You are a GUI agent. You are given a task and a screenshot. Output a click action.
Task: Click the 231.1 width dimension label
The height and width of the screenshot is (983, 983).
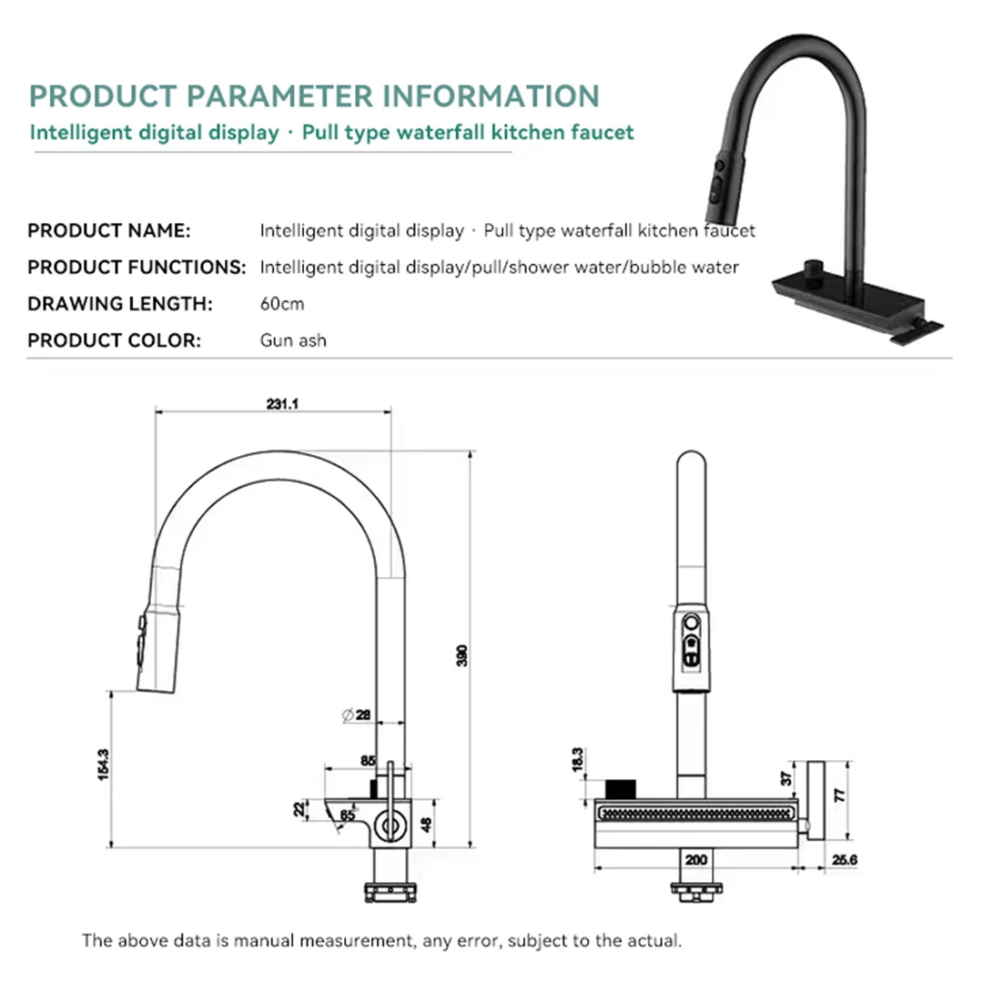(x=282, y=404)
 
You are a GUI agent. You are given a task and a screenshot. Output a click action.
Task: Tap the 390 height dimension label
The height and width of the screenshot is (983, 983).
(x=462, y=655)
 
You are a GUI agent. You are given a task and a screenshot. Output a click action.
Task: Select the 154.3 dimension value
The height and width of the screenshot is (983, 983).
(x=104, y=765)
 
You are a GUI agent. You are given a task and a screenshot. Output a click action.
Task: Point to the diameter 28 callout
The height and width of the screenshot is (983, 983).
(x=356, y=714)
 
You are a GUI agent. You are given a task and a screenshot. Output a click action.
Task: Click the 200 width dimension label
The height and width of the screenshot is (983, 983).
(x=696, y=859)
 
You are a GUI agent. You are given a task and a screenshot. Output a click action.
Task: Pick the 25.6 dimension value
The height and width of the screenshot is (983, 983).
(x=845, y=860)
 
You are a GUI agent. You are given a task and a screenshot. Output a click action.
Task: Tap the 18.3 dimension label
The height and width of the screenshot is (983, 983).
(x=577, y=760)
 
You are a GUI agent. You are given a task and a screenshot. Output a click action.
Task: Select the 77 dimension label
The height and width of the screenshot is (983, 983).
(x=840, y=795)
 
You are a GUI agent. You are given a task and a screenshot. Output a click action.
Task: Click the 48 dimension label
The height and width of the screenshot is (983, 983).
(x=426, y=824)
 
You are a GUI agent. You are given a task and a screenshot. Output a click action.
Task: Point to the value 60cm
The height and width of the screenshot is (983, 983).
(x=282, y=304)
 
